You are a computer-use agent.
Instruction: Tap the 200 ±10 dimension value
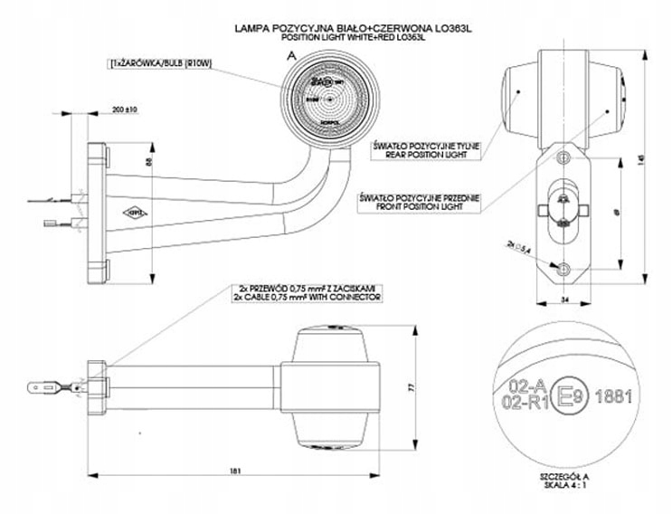(124, 109)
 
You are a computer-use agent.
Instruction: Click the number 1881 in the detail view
(615, 397)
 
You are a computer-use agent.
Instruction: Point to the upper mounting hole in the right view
(563, 158)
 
